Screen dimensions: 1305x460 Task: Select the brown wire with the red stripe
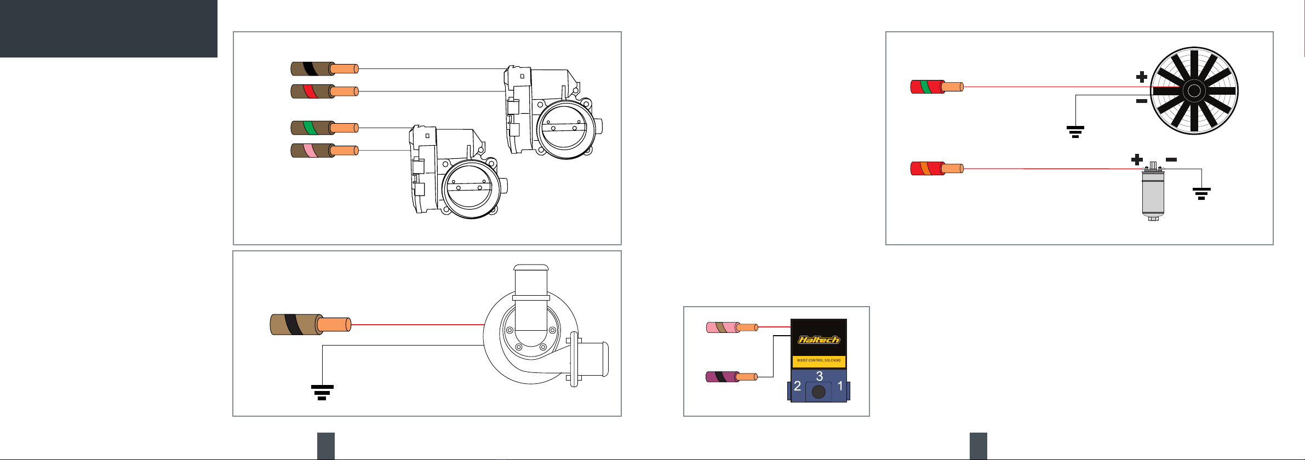coord(324,91)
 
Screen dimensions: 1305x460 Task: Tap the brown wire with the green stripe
coord(324,128)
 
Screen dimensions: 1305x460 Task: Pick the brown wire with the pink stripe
coord(324,150)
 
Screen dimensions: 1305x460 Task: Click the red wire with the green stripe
coord(937,87)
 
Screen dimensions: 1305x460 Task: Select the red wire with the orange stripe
coord(937,168)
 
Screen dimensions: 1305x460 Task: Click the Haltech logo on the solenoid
coord(819,340)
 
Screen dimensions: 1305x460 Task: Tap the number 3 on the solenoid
coord(820,376)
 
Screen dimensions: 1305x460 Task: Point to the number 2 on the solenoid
coord(798,386)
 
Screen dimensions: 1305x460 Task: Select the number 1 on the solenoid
coord(840,386)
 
